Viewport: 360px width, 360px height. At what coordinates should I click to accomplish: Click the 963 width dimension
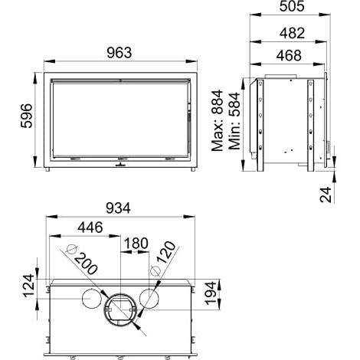tap(119, 53)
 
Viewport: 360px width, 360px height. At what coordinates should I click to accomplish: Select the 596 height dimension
tap(27, 116)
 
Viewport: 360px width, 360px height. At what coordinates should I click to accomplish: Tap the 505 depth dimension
tap(292, 6)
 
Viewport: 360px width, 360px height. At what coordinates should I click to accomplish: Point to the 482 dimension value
tap(292, 33)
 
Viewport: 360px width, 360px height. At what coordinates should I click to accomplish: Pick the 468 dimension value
tap(289, 55)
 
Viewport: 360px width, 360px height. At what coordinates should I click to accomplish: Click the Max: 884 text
tap(218, 120)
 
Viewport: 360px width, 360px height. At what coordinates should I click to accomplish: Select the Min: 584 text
tap(234, 121)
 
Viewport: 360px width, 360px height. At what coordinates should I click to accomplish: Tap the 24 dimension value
tap(326, 195)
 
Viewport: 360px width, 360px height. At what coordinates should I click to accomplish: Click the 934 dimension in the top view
tap(118, 208)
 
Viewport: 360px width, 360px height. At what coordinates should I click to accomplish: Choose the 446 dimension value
tap(90, 227)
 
